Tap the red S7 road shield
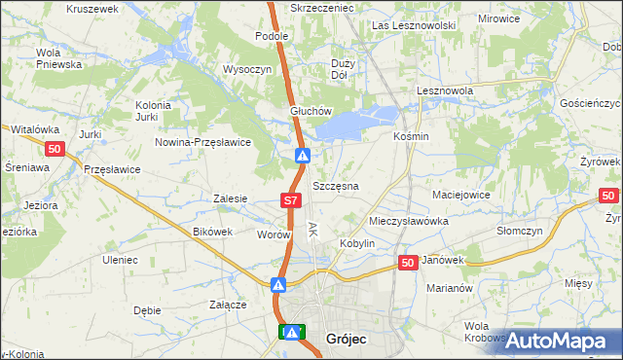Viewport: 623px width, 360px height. tap(290, 200)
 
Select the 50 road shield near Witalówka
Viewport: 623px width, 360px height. tap(55, 148)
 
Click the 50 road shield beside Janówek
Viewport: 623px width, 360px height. tap(408, 262)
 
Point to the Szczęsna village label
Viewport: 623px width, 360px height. tap(336, 185)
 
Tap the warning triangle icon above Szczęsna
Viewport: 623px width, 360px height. tap(303, 156)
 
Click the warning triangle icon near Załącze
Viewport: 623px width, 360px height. tap(278, 285)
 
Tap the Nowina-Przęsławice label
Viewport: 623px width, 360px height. tap(203, 142)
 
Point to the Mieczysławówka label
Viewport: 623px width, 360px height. tap(408, 221)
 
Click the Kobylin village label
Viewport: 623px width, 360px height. tap(356, 242)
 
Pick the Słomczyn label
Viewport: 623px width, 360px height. tap(518, 231)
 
